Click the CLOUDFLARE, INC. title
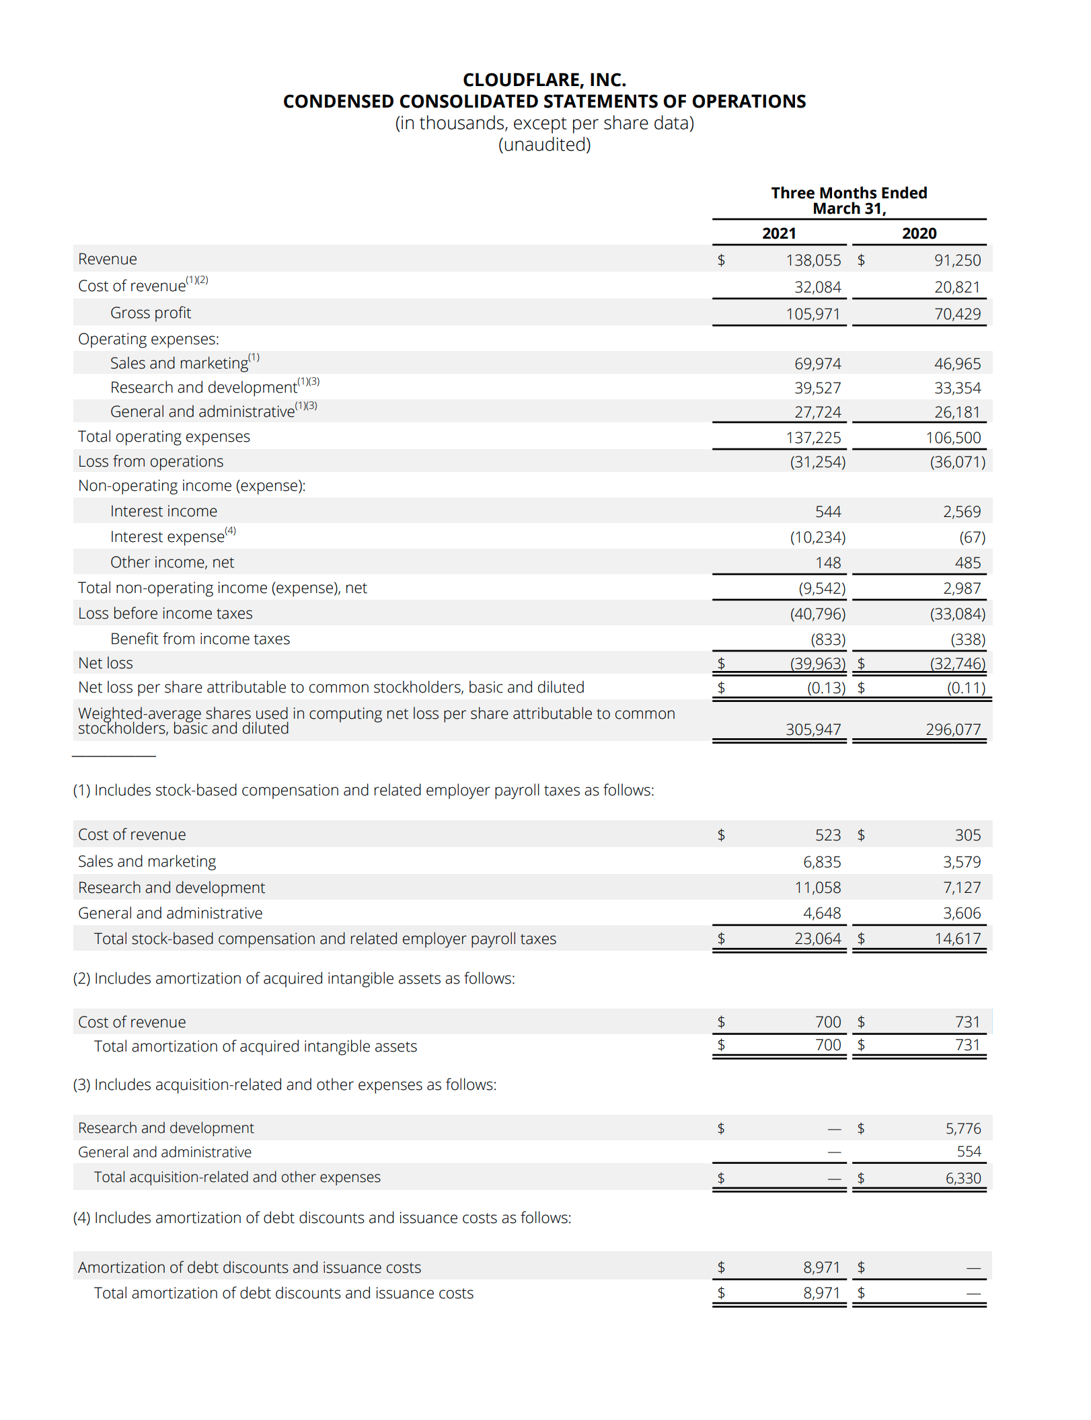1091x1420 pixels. coord(544,80)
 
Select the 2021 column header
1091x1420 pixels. coord(779,233)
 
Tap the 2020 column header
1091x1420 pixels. coord(919,233)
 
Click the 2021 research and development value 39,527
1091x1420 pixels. coord(817,388)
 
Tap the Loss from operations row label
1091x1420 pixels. coord(151,461)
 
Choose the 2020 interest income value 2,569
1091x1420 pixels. coord(961,512)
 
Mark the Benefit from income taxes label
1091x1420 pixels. coord(200,639)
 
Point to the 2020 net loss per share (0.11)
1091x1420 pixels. coord(965,688)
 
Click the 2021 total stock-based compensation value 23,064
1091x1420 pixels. coord(817,939)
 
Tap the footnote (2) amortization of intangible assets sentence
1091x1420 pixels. coord(294,978)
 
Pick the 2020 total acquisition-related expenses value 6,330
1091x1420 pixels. coord(963,1178)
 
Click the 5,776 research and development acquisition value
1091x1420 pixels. coord(963,1128)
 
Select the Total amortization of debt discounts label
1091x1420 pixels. coord(283,1293)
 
